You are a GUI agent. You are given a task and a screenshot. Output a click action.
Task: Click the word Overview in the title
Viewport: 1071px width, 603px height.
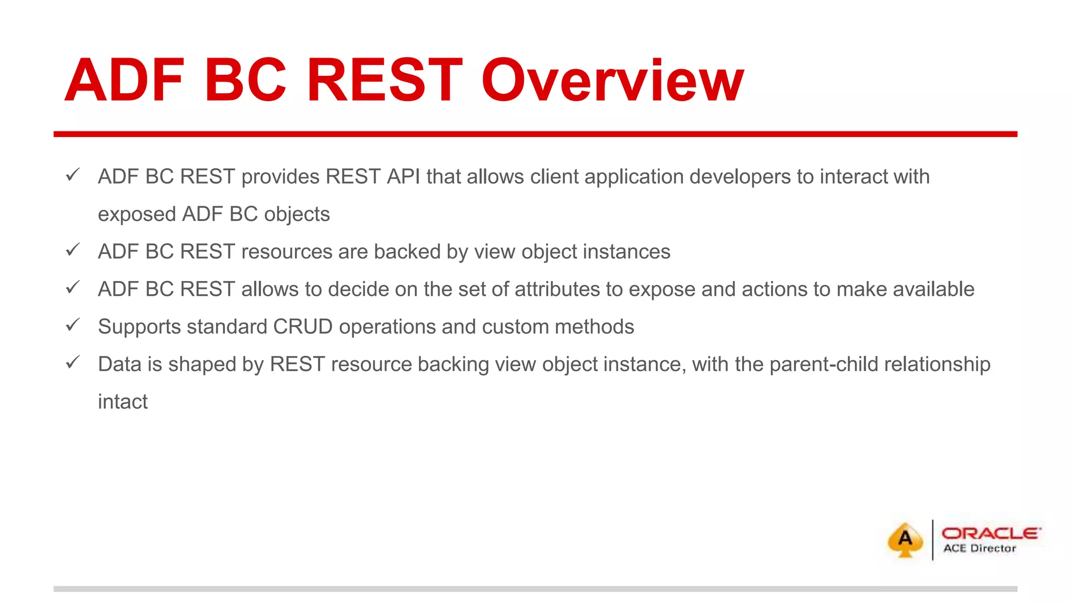pos(612,81)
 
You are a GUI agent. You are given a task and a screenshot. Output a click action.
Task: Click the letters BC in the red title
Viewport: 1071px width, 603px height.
pos(245,81)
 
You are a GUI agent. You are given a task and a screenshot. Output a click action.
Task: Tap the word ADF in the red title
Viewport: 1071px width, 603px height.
pos(124,81)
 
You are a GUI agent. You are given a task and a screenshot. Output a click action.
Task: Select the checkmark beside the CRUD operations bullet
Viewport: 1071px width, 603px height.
pos(73,325)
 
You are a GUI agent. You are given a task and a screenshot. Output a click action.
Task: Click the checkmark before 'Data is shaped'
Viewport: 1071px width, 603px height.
pos(73,362)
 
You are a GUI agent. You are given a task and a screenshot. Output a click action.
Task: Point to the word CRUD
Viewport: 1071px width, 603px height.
pos(303,327)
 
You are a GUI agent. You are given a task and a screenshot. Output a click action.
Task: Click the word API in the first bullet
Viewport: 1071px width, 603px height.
pos(403,177)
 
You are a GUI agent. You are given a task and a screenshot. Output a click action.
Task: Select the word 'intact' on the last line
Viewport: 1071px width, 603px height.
pos(123,402)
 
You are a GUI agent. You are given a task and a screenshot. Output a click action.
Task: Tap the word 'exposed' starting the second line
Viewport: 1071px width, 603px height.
pos(136,215)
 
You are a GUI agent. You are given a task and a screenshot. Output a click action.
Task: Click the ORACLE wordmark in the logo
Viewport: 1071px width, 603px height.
pos(991,533)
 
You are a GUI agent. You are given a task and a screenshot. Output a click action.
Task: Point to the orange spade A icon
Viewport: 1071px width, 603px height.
pos(905,540)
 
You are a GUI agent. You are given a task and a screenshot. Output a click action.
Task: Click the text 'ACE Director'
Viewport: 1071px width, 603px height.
pos(979,549)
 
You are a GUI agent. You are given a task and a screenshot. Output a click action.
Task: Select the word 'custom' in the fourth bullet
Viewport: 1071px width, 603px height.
pos(515,327)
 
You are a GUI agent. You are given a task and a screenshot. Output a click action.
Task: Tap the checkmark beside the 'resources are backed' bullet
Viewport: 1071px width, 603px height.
pos(73,250)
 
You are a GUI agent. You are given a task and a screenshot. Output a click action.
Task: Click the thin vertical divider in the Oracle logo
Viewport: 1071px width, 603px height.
pos(932,540)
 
